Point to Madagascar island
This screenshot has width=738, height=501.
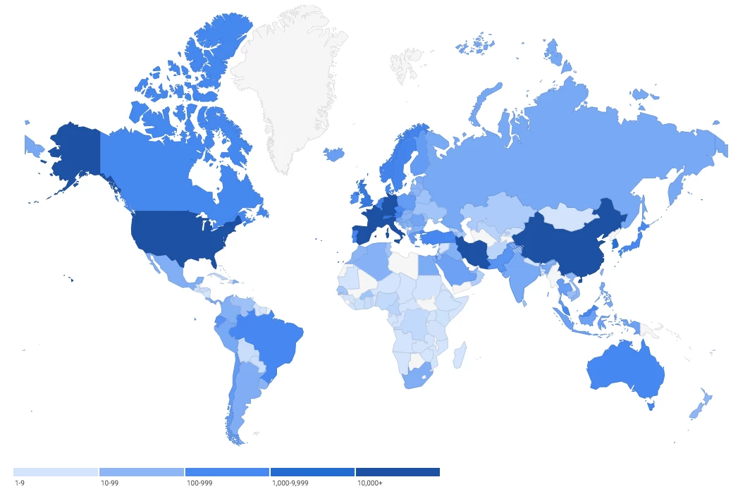coord(458,354)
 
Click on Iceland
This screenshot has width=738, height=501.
coord(335,153)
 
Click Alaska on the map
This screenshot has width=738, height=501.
coord(70,155)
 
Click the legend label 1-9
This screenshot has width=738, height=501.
coord(20,484)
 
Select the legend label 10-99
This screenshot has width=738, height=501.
coord(109,484)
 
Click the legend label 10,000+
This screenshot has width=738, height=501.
coord(369,484)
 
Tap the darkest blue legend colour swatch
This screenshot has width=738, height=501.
coord(398,471)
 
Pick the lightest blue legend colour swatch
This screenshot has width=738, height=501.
coord(55,471)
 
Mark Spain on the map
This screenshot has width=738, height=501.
coord(362,233)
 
